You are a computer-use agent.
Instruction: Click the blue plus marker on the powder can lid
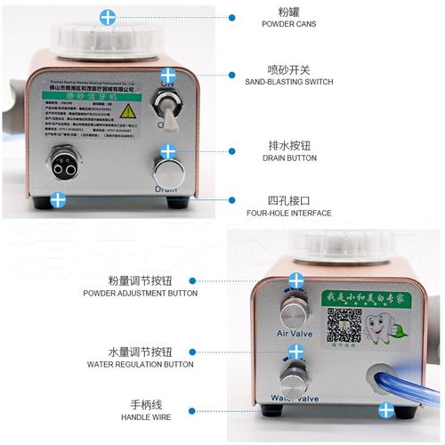pyautogui.click(x=108, y=16)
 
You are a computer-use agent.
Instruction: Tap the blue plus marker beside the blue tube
pyautogui.click(x=386, y=409)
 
